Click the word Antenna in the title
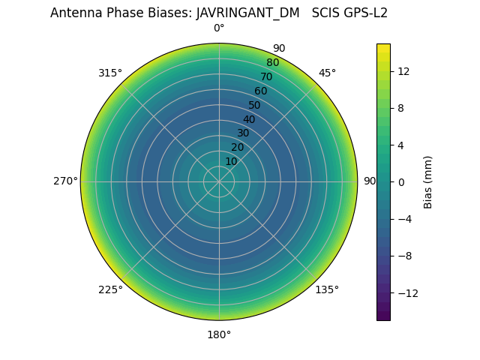(75, 13)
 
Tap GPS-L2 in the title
(363, 13)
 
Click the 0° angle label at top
(219, 28)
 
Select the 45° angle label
(327, 73)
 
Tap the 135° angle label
(327, 289)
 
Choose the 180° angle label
(219, 334)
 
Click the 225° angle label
(110, 289)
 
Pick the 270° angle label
(65, 181)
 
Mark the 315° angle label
(110, 73)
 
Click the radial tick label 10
(231, 161)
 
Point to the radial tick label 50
(254, 106)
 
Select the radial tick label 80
(272, 62)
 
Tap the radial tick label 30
(243, 133)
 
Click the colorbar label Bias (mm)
(428, 182)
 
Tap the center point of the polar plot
(219, 181)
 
